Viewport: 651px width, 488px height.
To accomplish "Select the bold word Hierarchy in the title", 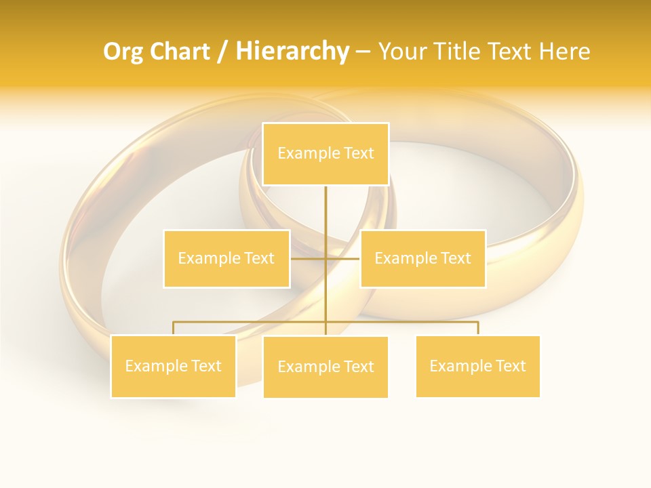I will tap(292, 52).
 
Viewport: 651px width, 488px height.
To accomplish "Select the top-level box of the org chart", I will tap(325, 154).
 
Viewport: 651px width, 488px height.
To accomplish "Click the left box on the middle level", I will tap(226, 258).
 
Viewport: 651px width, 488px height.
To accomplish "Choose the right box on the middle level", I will tap(423, 258).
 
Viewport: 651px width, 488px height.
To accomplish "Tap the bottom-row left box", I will tap(174, 367).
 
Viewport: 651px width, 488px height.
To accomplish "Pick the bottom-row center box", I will tap(325, 367).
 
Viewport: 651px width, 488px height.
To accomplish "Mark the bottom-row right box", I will tap(478, 367).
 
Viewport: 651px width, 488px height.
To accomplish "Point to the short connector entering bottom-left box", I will tap(174, 328).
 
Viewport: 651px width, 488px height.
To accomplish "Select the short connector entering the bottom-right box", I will tap(478, 328).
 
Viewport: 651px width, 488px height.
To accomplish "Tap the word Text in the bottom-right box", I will tap(510, 367).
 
